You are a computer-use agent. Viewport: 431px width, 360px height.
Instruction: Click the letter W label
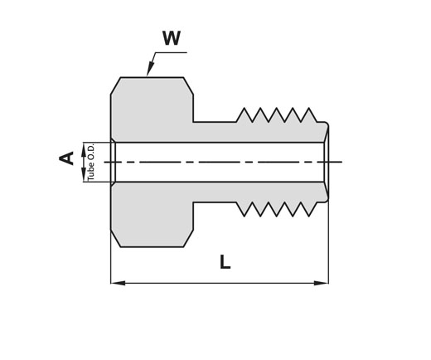click(172, 38)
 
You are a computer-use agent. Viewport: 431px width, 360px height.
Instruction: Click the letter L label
click(225, 262)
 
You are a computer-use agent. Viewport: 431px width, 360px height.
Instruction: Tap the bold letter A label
click(66, 158)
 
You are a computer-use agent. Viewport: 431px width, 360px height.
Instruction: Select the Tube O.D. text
click(91, 163)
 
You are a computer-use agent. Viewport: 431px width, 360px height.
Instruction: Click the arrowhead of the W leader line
click(150, 69)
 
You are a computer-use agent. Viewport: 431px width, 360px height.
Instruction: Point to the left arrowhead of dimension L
click(118, 283)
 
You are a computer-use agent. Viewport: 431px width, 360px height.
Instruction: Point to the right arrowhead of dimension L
click(321, 283)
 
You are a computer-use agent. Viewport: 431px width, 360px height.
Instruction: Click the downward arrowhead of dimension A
click(84, 175)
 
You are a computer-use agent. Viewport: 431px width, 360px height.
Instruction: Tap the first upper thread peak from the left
click(245, 109)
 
